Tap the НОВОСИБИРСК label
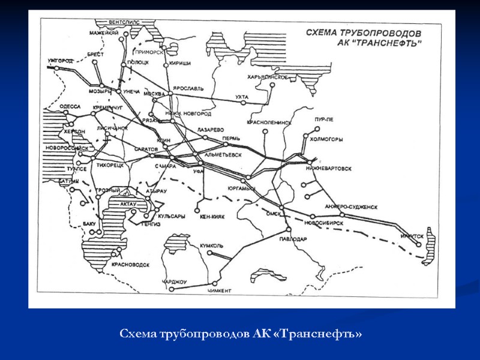(323, 222)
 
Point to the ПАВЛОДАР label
(293, 239)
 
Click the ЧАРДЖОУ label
(175, 281)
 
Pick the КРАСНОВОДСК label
(130, 265)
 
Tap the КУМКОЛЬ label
(212, 245)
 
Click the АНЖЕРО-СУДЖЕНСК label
(351, 206)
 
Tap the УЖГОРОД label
(60, 61)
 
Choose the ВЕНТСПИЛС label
(124, 22)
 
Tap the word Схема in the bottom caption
(137, 332)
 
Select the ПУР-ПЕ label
(323, 119)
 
